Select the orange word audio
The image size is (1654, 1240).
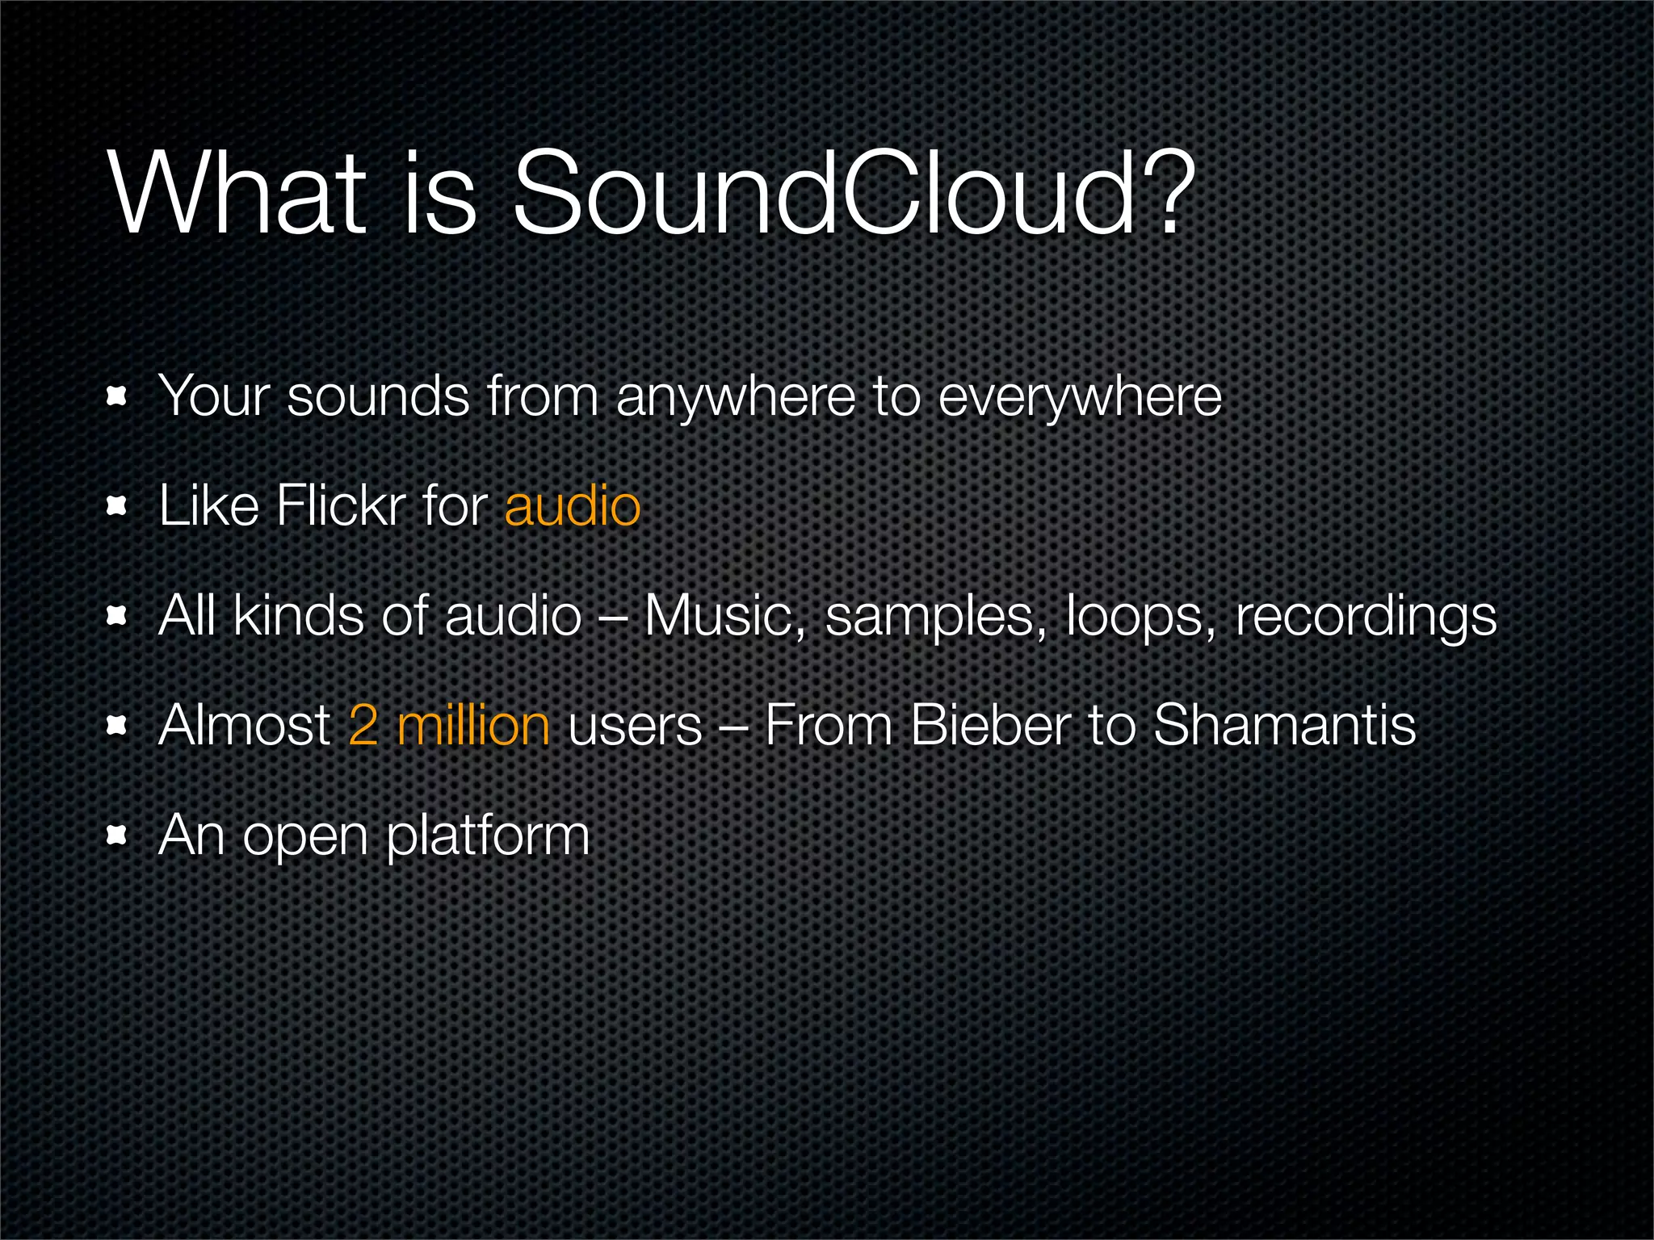572,506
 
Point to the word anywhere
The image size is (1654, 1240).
735,397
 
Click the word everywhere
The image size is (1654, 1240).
1080,397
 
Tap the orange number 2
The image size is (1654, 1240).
363,725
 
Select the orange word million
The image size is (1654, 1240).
473,725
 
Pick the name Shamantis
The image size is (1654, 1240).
1284,725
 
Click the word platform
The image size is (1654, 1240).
488,836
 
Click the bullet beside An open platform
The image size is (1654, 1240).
118,836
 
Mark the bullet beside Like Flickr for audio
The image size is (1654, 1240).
118,506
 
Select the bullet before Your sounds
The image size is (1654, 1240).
118,396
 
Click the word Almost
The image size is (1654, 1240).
245,725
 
